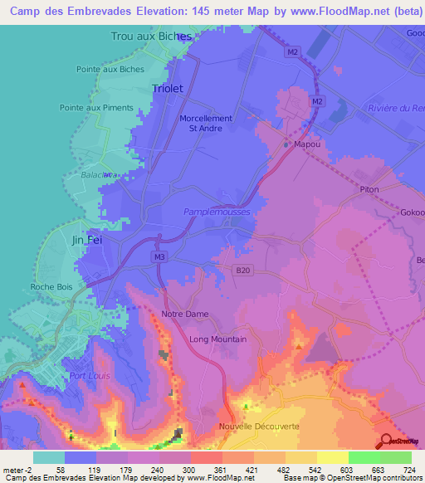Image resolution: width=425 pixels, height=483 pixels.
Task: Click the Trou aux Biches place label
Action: (151, 37)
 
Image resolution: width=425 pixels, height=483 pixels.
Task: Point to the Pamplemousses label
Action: (216, 212)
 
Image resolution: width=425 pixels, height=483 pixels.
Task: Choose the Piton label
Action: (369, 190)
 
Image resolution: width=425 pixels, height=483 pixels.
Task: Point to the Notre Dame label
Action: (185, 314)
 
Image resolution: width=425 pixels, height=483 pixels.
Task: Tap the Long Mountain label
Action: (217, 339)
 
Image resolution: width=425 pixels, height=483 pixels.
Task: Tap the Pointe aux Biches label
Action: (110, 70)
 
